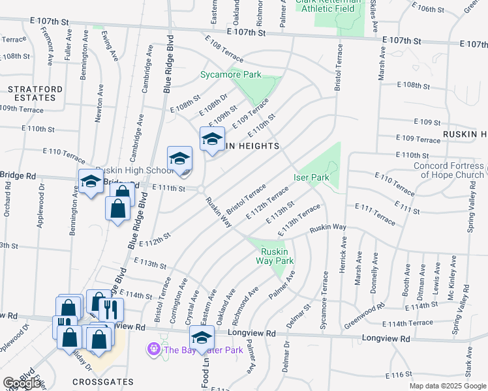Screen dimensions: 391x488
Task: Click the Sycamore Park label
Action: coord(230,75)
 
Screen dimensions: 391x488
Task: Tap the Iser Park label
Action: coord(311,177)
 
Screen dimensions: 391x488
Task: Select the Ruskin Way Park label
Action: coord(277,256)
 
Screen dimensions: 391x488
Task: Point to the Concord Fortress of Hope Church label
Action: coord(448,169)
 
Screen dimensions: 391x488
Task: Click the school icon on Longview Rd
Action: coord(202,338)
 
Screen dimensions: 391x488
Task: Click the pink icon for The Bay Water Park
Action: coord(154,350)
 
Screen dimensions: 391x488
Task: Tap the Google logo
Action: coord(22,384)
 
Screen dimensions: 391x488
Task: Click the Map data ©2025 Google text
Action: coord(448,386)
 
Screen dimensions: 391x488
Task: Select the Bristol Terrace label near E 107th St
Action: coord(339,68)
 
